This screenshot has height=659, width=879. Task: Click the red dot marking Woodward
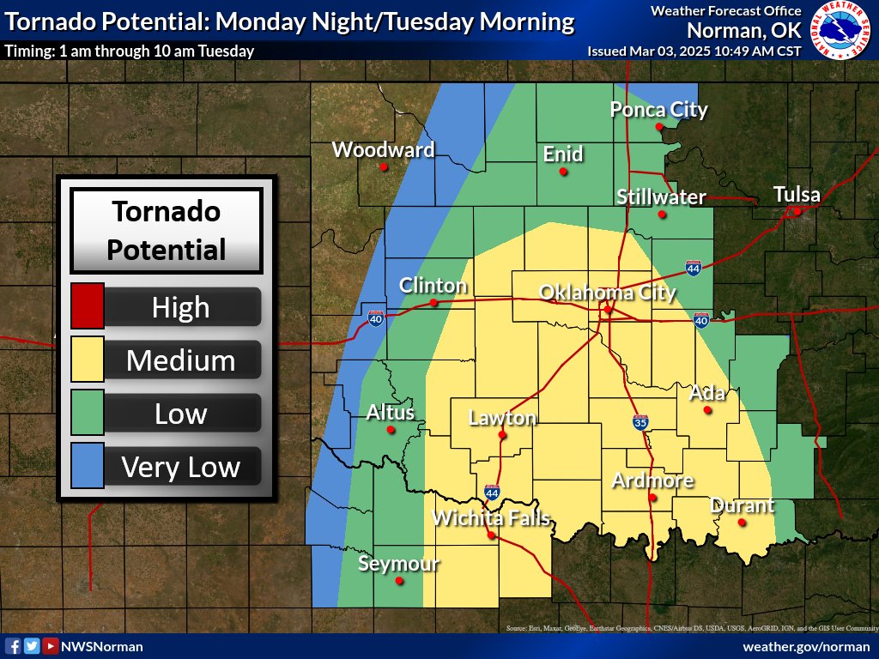pos(384,166)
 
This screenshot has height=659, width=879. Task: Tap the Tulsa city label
pos(797,194)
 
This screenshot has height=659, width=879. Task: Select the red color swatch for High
pos(88,306)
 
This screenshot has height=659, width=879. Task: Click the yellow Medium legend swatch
pos(88,360)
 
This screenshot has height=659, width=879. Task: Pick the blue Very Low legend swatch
pos(88,466)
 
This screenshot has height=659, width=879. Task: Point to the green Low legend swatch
pos(88,413)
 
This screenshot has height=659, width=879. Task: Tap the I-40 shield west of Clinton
pos(375,317)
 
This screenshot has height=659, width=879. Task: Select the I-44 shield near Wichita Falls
pos(492,493)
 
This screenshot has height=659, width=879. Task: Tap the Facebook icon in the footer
pos(13,646)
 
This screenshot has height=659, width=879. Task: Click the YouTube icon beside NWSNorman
pos(51,646)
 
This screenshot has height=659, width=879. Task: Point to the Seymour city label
pos(398,564)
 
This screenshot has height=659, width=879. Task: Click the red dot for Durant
pos(743,522)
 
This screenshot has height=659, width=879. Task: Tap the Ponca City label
pos(658,110)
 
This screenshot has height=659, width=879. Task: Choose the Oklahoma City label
pos(607,293)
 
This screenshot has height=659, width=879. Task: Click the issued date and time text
pos(694,51)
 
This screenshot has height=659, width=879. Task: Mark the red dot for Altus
pos(391,429)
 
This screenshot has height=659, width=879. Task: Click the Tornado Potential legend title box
pos(167,230)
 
